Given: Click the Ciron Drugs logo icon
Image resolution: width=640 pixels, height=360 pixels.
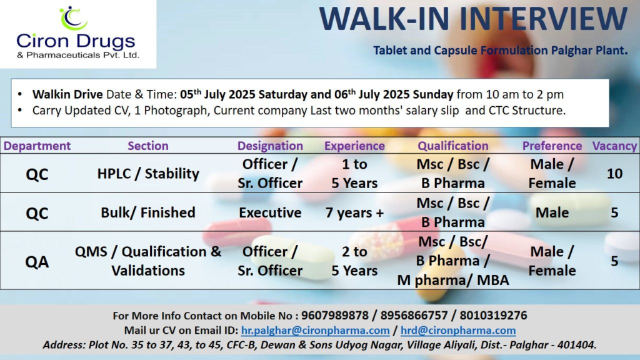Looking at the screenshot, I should pyautogui.click(x=73, y=18).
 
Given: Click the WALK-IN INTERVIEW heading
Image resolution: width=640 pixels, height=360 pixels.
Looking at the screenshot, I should pyautogui.click(x=473, y=19).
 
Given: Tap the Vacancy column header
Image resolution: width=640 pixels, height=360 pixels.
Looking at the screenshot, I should pyautogui.click(x=614, y=146).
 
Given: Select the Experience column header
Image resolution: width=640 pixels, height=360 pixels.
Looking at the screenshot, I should pyautogui.click(x=354, y=146).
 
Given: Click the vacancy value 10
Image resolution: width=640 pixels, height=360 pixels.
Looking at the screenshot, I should pyautogui.click(x=614, y=174).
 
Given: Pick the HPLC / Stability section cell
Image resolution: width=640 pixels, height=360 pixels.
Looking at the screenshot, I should pyautogui.click(x=148, y=174).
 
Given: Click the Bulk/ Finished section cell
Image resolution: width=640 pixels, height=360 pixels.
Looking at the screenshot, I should pyautogui.click(x=148, y=212).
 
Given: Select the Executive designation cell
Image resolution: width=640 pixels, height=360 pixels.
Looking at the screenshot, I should pyautogui.click(x=270, y=212).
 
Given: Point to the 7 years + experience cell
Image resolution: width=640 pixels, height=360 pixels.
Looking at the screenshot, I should pyautogui.click(x=354, y=212).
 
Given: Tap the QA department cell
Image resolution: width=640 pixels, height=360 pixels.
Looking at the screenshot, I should pyautogui.click(x=37, y=261).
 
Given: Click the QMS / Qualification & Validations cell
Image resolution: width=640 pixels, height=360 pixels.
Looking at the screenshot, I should pyautogui.click(x=148, y=261).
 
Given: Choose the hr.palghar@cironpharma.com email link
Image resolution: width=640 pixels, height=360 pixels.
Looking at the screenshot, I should pyautogui.click(x=315, y=330).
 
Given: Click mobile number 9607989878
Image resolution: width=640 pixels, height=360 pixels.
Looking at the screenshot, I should pyautogui.click(x=331, y=316).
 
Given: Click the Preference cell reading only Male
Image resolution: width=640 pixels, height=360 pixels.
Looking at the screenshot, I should pyautogui.click(x=552, y=212).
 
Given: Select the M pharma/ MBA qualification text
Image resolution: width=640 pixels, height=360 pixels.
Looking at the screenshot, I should pyautogui.click(x=453, y=280).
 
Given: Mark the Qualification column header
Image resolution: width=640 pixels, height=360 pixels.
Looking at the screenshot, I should pyautogui.click(x=453, y=146).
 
